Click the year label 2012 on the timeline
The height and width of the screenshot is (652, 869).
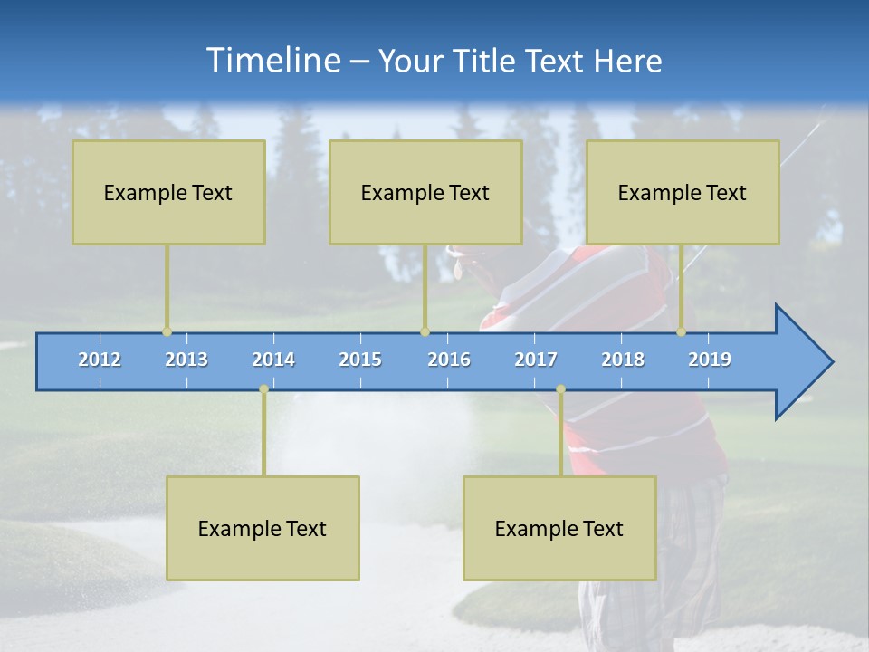(x=100, y=360)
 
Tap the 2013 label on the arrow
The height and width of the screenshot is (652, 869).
(x=186, y=360)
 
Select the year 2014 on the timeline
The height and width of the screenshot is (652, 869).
(x=273, y=360)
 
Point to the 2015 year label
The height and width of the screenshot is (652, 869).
(x=360, y=360)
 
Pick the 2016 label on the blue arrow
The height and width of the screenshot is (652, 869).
(x=449, y=360)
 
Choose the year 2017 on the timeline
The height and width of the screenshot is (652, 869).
(x=536, y=360)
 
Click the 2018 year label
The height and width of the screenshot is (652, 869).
(x=623, y=360)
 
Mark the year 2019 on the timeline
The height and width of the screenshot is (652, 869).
(x=710, y=360)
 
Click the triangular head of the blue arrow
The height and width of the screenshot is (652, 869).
(x=802, y=362)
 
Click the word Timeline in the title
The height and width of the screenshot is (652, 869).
(x=272, y=61)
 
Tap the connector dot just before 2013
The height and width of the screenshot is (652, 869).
(x=167, y=332)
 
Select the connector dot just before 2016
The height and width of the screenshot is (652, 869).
(x=425, y=332)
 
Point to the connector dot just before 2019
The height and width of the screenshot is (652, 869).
(x=682, y=332)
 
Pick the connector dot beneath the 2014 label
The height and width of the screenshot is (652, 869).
(x=263, y=389)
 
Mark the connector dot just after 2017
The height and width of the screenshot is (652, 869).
(x=560, y=389)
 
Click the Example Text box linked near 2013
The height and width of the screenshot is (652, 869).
(x=168, y=192)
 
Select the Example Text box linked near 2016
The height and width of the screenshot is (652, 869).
(x=425, y=192)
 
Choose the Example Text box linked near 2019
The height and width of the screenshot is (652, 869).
(x=683, y=192)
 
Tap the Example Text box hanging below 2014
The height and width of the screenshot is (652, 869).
(x=263, y=528)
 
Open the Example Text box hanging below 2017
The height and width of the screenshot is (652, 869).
(x=559, y=528)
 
